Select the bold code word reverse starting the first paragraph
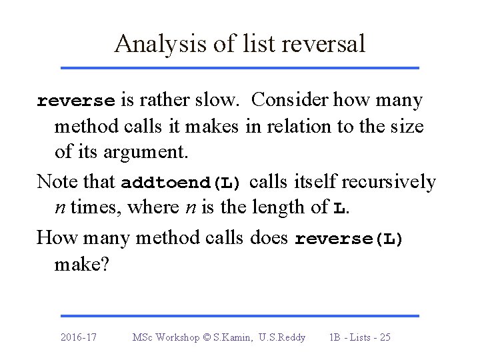(76, 101)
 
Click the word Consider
(290, 101)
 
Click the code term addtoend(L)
(183, 182)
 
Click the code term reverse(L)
(349, 238)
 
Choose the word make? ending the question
(79, 265)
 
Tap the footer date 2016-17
(78, 337)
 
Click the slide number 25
(383, 337)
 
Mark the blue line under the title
(239, 68)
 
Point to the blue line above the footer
(239, 316)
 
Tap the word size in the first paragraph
(405, 127)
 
